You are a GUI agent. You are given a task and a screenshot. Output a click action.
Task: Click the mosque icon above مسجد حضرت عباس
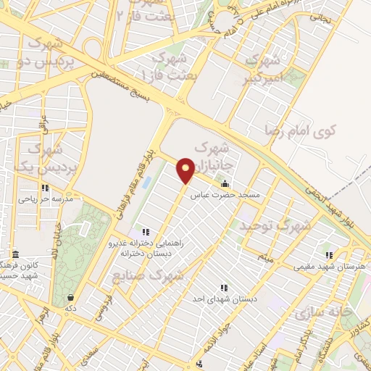[225, 183]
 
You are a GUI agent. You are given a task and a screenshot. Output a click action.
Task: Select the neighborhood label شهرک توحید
[278, 226]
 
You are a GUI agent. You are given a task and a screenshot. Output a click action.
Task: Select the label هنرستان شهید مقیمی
[330, 267]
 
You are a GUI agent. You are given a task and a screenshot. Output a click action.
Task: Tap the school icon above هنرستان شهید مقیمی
[330, 255]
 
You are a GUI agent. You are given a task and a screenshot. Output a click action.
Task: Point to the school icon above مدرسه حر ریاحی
[45, 187]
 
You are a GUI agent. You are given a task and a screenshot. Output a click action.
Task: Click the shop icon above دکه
[70, 297]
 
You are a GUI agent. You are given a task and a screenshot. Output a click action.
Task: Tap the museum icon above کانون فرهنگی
[16, 254]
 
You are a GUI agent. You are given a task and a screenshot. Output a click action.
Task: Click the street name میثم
[269, 257]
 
